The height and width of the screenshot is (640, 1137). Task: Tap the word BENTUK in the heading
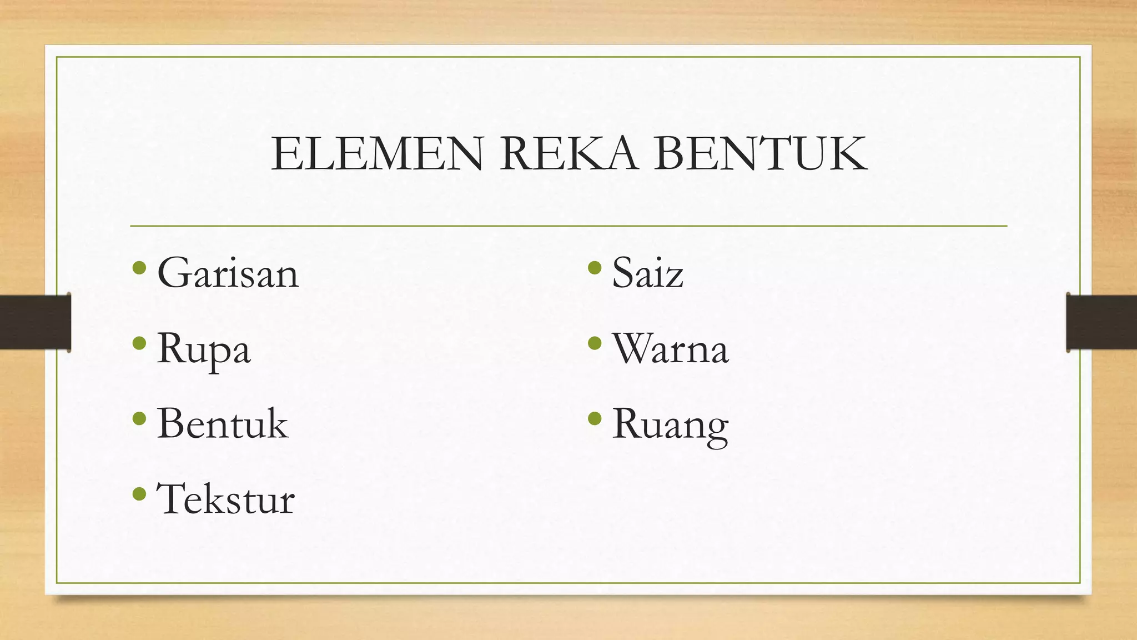[761, 154]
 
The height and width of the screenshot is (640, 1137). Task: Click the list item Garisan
[228, 273]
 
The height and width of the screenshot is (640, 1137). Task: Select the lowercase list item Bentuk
[223, 424]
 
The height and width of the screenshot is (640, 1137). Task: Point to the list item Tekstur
[225, 499]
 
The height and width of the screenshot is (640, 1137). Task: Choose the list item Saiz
[647, 273]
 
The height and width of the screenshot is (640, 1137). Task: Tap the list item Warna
[670, 349]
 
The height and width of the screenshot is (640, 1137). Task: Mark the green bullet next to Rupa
[139, 343]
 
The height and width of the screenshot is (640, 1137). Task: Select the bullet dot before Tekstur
[139, 493]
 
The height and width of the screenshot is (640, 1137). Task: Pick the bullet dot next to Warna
[595, 343]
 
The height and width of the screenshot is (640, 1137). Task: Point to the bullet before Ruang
[595, 418]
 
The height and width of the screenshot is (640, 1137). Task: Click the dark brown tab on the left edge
[34, 322]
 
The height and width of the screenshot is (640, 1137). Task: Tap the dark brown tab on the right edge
[1102, 322]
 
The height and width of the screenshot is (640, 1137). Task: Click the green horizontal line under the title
[568, 226]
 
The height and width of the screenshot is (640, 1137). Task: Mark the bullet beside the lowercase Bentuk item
[139, 418]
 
